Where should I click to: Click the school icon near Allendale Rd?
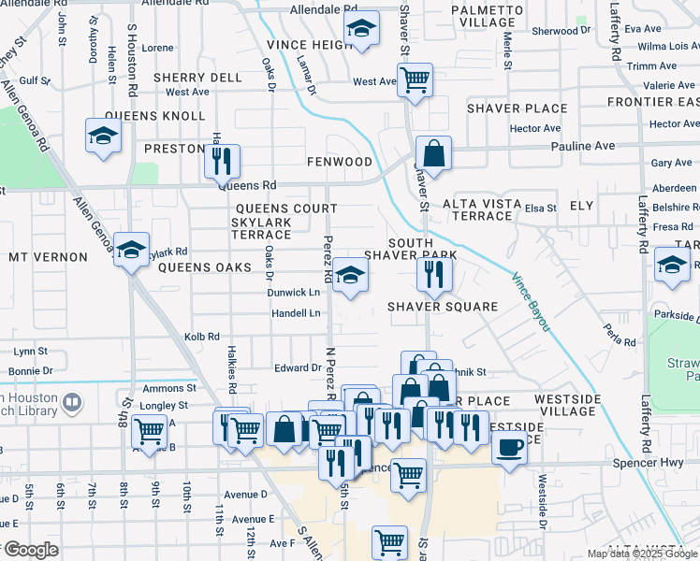tap(360, 29)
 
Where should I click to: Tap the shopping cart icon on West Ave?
tap(414, 79)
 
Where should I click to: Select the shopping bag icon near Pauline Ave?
tap(434, 151)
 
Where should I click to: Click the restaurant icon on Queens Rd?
tap(222, 160)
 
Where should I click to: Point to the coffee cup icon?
tap(509, 447)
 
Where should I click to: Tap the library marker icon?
tap(72, 403)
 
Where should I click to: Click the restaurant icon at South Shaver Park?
tap(434, 273)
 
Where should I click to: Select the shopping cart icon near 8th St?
tap(149, 431)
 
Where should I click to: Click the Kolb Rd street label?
tap(201, 337)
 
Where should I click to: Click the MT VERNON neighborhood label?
tap(46, 256)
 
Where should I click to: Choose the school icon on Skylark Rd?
tap(132, 249)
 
